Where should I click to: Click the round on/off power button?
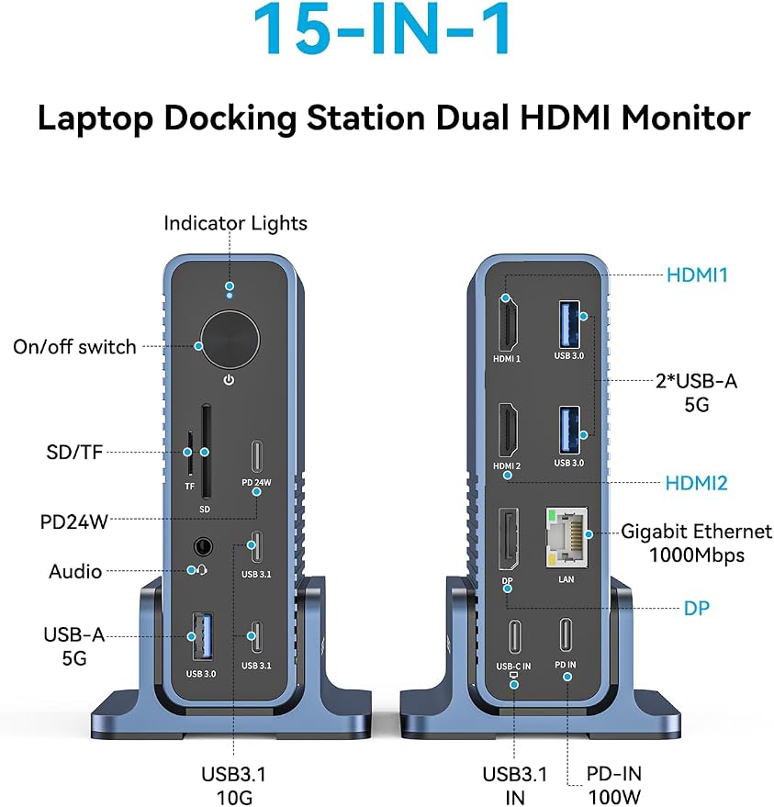pyautogui.click(x=230, y=340)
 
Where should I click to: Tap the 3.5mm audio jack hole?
pyautogui.click(x=203, y=546)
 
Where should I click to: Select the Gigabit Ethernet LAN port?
pyautogui.click(x=566, y=537)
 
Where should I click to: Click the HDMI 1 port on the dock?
pyautogui.click(x=509, y=323)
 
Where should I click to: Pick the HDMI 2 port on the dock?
pyautogui.click(x=509, y=431)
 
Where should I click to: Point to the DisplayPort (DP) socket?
pyautogui.click(x=509, y=539)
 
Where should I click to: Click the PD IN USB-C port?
pyautogui.click(x=566, y=635)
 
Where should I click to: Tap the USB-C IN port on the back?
pyautogui.click(x=515, y=636)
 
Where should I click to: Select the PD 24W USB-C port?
pyautogui.click(x=256, y=456)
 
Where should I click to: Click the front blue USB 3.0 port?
pyautogui.click(x=202, y=636)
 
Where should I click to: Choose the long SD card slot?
pyautogui.click(x=206, y=452)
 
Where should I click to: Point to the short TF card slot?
pyautogui.click(x=190, y=454)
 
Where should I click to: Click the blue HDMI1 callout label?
pyautogui.click(x=697, y=275)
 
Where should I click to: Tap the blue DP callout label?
pyautogui.click(x=696, y=609)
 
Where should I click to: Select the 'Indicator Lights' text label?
pyautogui.click(x=235, y=223)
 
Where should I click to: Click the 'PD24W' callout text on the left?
pyautogui.click(x=74, y=521)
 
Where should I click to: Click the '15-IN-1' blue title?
pyautogui.click(x=381, y=29)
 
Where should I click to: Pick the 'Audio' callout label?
pyautogui.click(x=75, y=571)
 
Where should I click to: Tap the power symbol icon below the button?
pyautogui.click(x=229, y=380)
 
